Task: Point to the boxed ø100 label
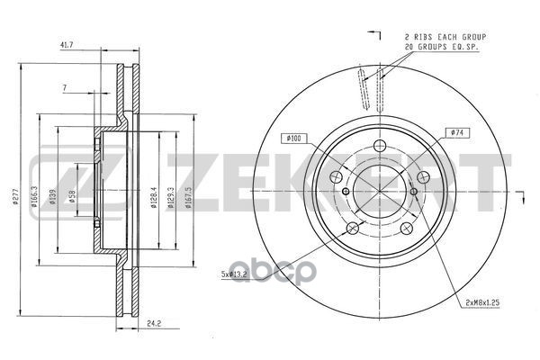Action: click(293, 137)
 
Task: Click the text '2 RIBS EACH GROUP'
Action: click(439, 34)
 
